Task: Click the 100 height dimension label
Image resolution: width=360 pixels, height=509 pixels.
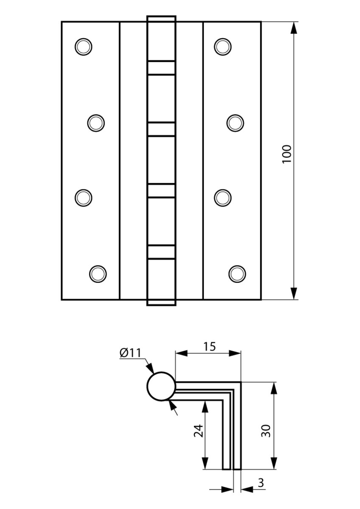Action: [287, 154]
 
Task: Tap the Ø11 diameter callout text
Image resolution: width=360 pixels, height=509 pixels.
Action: [130, 353]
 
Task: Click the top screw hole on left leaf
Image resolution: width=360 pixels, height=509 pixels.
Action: [84, 47]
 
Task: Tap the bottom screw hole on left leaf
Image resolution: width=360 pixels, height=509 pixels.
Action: [98, 274]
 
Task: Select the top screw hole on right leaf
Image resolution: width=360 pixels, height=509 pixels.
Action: [222, 47]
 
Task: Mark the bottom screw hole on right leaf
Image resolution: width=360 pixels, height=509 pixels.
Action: [237, 274]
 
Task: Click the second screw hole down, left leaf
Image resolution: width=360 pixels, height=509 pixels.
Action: [96, 123]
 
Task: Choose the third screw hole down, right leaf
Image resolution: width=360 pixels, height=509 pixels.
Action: [222, 198]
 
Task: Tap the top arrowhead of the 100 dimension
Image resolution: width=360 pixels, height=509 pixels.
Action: [294, 28]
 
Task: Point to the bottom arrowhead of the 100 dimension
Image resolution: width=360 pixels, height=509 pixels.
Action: [294, 294]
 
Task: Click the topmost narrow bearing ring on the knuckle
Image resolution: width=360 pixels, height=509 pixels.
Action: [161, 68]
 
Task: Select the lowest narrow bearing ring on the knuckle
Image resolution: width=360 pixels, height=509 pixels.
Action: [161, 252]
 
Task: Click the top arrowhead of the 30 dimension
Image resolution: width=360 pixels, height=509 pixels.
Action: [274, 389]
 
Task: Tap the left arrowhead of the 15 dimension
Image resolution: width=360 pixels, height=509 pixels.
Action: [181, 353]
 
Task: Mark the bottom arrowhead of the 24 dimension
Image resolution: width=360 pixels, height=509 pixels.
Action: [205, 463]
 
